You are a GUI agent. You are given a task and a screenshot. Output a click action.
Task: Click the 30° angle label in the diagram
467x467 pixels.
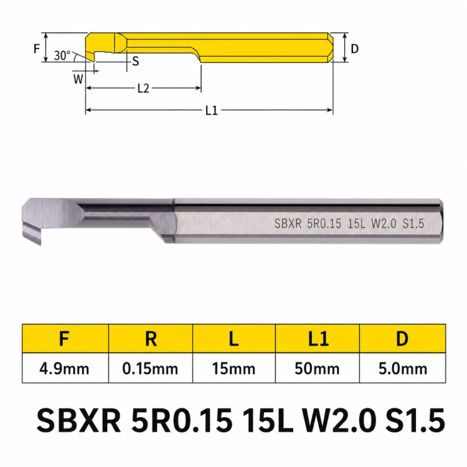tap(62, 55)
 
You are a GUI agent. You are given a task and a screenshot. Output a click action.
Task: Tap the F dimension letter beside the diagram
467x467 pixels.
tap(37, 49)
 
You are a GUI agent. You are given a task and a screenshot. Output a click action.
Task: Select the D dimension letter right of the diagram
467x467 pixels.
tap(354, 49)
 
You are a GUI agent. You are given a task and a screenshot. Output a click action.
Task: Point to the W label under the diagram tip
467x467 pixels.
tap(78, 79)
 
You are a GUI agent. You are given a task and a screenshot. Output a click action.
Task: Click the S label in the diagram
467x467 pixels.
tap(136, 61)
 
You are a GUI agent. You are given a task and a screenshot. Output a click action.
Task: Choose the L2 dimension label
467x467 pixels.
tap(143, 88)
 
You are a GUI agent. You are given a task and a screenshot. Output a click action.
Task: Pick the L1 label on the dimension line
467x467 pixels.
tap(212, 111)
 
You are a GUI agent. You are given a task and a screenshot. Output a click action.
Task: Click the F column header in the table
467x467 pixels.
tap(64, 339)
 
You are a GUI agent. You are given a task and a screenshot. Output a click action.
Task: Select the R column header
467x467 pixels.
tap(151, 339)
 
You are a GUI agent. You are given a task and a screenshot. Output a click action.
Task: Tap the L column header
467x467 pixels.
tap(233, 339)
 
